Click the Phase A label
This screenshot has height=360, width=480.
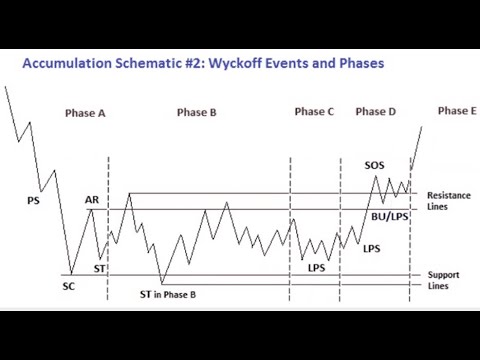(85, 113)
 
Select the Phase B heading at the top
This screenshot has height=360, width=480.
(196, 113)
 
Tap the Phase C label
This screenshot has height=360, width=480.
(314, 112)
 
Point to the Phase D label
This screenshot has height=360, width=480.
(375, 112)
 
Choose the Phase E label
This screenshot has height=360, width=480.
(457, 110)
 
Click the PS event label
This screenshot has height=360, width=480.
(34, 200)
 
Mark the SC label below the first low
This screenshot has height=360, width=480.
(69, 286)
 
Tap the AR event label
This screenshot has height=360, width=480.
(92, 200)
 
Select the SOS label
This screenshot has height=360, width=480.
(375, 165)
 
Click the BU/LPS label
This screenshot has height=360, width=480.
(389, 215)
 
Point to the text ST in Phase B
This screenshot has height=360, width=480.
(167, 294)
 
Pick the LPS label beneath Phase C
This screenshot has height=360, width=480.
(316, 267)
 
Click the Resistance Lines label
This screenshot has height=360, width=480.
(447, 200)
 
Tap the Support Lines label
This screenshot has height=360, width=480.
(444, 279)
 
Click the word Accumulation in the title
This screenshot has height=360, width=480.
(71, 63)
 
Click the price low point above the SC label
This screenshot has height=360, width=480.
(70, 274)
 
